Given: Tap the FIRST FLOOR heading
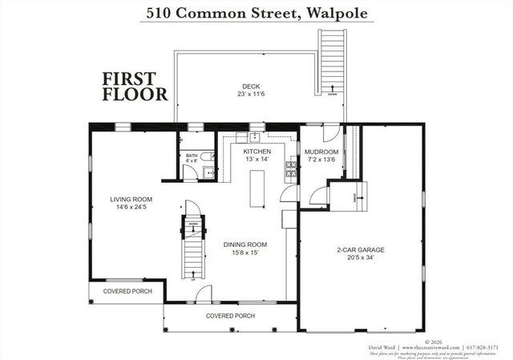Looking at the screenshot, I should (x=135, y=87).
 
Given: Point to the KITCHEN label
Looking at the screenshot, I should (x=257, y=152).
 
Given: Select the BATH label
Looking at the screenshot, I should (x=191, y=156).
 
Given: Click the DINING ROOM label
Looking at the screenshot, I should (x=245, y=245).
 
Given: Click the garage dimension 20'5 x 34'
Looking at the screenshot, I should (x=360, y=259).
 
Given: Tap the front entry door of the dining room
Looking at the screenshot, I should (x=204, y=294).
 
